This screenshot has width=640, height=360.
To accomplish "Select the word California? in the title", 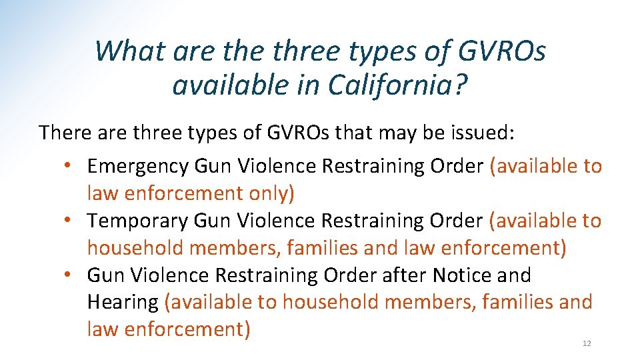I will (x=407, y=85).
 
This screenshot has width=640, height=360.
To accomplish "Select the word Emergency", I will (x=137, y=166).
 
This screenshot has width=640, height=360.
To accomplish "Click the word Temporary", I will (x=137, y=221).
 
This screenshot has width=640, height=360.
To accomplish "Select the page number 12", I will (x=587, y=343).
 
